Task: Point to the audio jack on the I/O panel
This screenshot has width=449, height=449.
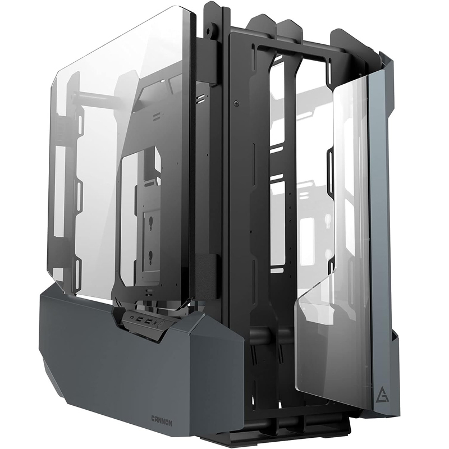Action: pos(155,324)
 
